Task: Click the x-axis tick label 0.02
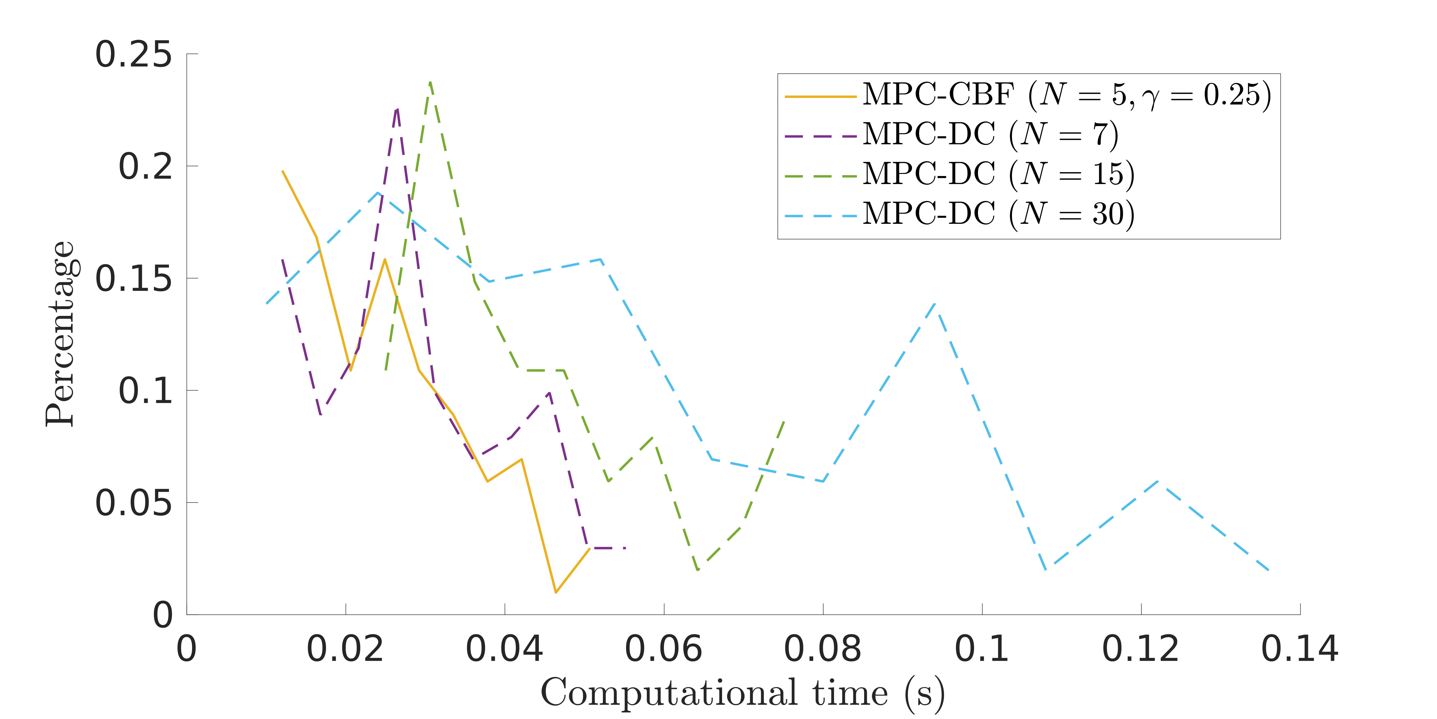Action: (x=345, y=649)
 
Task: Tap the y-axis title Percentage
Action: (x=60, y=334)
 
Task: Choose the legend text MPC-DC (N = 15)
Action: (x=999, y=174)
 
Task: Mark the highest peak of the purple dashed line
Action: (x=397, y=108)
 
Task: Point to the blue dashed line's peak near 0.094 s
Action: (x=935, y=303)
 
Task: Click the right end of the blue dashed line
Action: (x=1269, y=571)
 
